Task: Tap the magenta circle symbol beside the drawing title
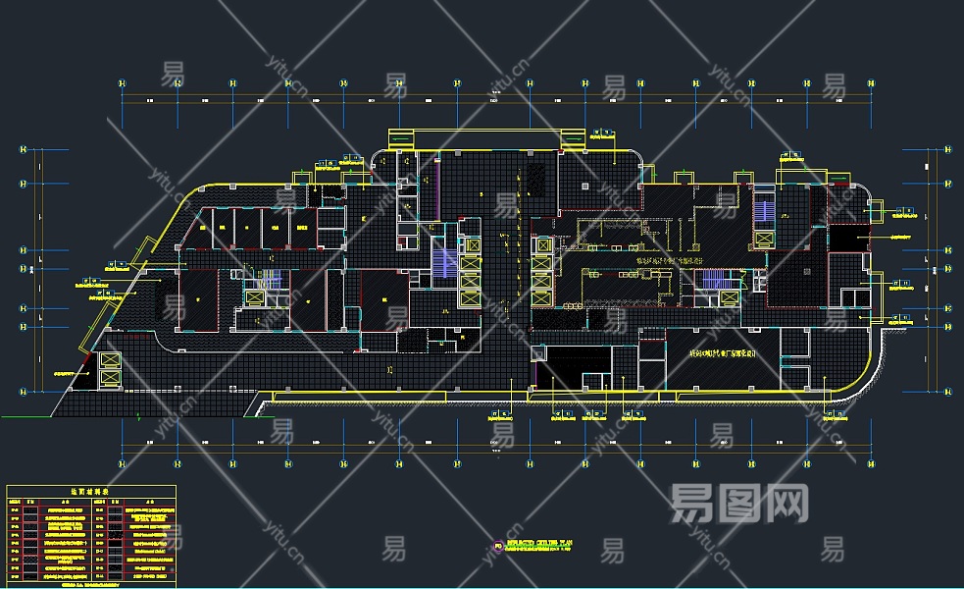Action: pos(499,545)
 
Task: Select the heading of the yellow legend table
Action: pos(90,491)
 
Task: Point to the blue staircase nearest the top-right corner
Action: pos(764,207)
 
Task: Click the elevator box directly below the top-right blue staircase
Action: pos(764,239)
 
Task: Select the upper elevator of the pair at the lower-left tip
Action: pos(109,361)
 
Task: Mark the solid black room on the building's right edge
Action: pos(849,237)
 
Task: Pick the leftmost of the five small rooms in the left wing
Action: pos(207,227)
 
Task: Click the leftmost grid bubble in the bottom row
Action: pos(123,462)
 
